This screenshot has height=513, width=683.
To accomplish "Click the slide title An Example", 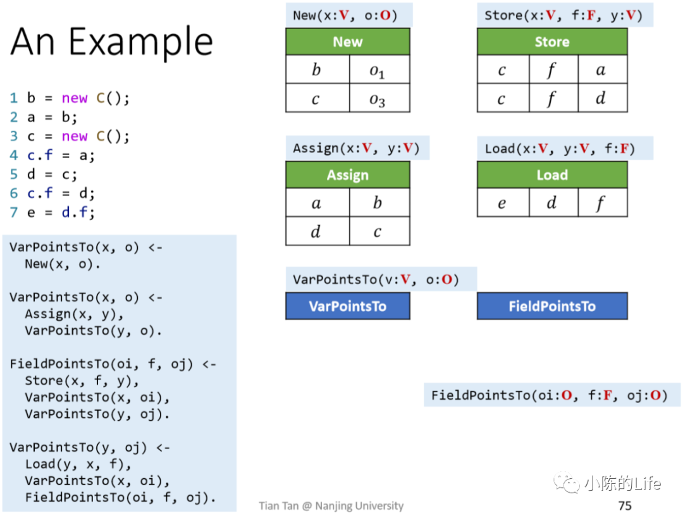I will [112, 42].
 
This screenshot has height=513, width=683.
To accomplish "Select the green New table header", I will [347, 42].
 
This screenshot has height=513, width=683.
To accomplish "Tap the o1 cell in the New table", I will [378, 71].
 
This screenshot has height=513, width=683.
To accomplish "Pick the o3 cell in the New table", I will [378, 99].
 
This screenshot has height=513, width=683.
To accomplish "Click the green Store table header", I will [551, 42].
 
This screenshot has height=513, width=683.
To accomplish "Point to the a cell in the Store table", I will [601, 70].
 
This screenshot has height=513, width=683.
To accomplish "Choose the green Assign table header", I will [347, 175].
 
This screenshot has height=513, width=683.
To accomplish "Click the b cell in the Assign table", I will [378, 203].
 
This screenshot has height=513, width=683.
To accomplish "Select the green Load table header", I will [551, 175].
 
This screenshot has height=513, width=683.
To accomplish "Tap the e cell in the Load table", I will [502, 203].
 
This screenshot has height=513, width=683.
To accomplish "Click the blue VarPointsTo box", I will [347, 306].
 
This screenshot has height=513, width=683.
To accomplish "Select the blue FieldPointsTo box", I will [551, 306].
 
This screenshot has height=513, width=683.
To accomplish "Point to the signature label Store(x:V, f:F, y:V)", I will [563, 15].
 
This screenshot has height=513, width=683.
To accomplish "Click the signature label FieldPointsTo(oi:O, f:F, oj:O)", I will [548, 395].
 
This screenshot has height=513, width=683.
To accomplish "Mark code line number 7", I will [14, 213].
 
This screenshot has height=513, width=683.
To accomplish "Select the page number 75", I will [625, 505].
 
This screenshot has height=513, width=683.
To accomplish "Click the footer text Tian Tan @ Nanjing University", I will [331, 505].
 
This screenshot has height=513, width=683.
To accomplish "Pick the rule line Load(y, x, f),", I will [78, 464].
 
